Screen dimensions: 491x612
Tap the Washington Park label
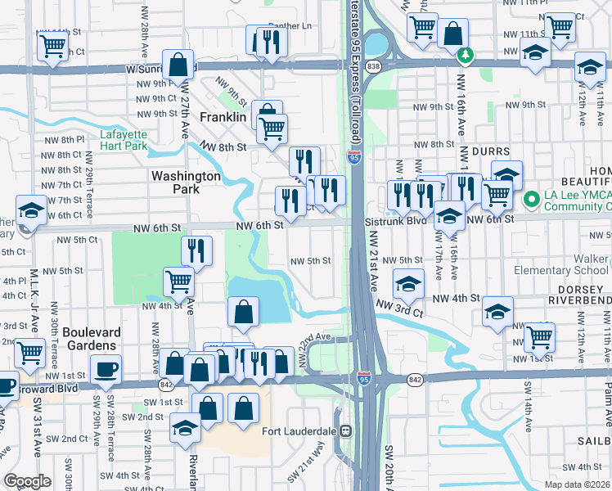coord(186,182)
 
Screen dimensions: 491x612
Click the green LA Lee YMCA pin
coord(530,198)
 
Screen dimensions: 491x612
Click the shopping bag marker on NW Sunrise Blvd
coord(178,64)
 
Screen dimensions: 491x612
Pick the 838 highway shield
coord(373,65)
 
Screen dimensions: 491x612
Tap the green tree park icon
coord(466,55)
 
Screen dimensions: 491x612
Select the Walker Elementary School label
coord(561,264)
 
